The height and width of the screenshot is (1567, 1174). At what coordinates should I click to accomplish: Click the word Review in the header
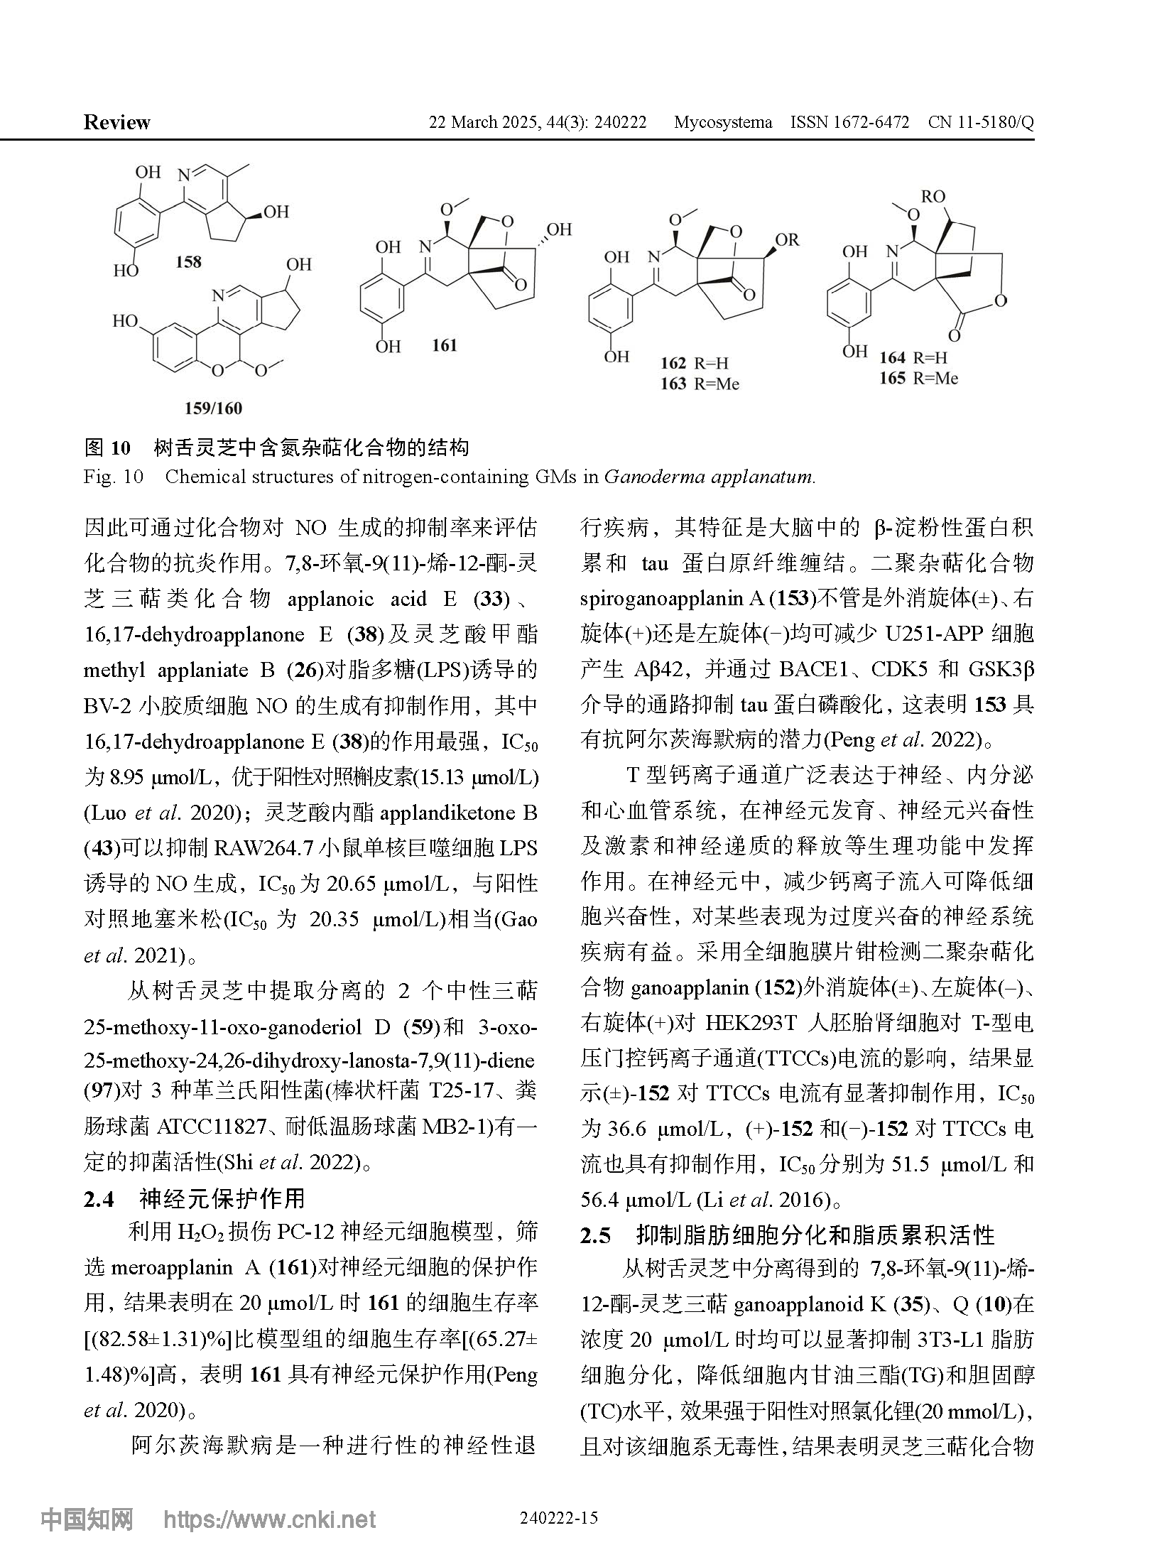(116, 122)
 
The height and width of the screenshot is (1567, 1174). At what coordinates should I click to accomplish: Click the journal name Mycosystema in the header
(722, 122)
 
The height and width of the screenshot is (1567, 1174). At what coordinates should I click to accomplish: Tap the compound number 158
(188, 262)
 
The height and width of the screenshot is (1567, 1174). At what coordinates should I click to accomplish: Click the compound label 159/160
(213, 408)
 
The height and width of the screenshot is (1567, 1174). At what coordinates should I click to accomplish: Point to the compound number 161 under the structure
(444, 346)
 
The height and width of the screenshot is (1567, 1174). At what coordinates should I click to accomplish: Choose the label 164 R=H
(913, 358)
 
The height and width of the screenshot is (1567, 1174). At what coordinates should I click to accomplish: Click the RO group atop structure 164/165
(933, 195)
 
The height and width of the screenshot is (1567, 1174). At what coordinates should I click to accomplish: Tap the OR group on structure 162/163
(787, 240)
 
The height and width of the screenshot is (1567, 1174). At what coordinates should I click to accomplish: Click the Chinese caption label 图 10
(107, 448)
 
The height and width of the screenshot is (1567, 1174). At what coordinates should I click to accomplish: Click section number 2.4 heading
(99, 1199)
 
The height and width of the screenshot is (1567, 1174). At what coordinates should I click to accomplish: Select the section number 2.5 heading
(595, 1235)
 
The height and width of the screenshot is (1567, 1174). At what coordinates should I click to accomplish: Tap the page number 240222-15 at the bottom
(559, 1518)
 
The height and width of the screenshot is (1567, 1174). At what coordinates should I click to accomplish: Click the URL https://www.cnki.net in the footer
(270, 1519)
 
